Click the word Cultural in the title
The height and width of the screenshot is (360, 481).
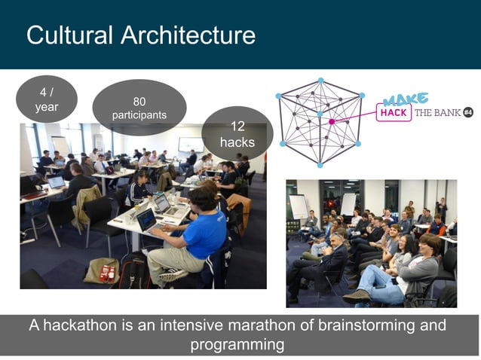[x=69, y=35]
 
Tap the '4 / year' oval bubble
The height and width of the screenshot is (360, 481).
[x=46, y=100]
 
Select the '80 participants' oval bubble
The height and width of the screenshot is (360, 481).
[x=139, y=108]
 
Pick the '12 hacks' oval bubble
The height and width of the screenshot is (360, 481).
[x=237, y=133]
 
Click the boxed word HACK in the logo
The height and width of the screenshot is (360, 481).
[x=394, y=113]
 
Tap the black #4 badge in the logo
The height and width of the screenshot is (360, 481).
[x=467, y=112]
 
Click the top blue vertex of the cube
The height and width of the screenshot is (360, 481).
[x=320, y=80]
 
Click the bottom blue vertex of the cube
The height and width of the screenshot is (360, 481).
[x=319, y=164]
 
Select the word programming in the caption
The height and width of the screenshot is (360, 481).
[x=237, y=345]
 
